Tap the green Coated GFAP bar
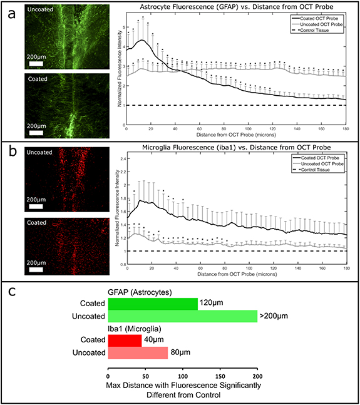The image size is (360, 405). click(x=153, y=304)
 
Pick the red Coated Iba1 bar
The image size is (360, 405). click(x=125, y=340)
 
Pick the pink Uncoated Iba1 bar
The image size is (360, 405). click(x=138, y=353)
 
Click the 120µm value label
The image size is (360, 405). click(x=212, y=304)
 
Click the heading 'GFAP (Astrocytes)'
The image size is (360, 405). click(x=137, y=292)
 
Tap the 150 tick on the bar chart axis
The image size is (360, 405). click(x=220, y=377)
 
